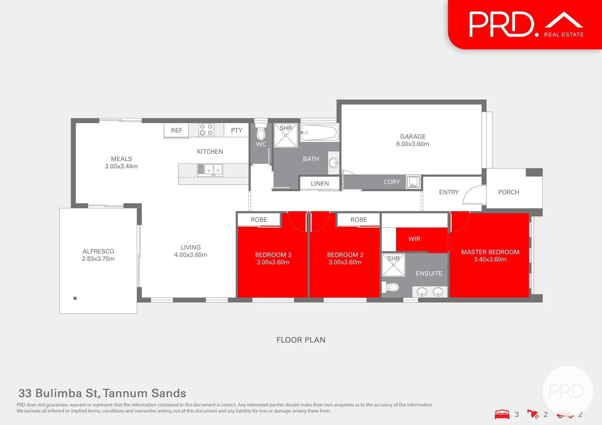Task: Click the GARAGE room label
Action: pyautogui.click(x=412, y=137)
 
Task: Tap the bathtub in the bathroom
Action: pyautogui.click(x=320, y=133)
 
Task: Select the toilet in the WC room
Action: pyautogui.click(x=261, y=133)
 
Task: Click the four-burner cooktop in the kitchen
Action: pyautogui.click(x=206, y=130)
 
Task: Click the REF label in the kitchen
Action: pyautogui.click(x=177, y=130)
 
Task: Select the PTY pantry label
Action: pyautogui.click(x=236, y=130)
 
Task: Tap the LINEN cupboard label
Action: pyautogui.click(x=320, y=184)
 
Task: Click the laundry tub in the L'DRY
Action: pyautogui.click(x=413, y=182)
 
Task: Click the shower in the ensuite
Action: pyautogui.click(x=393, y=265)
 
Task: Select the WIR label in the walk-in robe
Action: pyautogui.click(x=414, y=239)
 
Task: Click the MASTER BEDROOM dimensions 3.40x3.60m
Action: pyautogui.click(x=490, y=260)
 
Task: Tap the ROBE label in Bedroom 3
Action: pyautogui.click(x=259, y=220)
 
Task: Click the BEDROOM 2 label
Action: pyautogui.click(x=345, y=255)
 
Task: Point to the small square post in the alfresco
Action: pyautogui.click(x=75, y=298)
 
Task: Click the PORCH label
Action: pyautogui.click(x=508, y=192)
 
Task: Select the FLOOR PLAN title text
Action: pyautogui.click(x=301, y=340)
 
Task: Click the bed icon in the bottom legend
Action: pyautogui.click(x=502, y=414)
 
